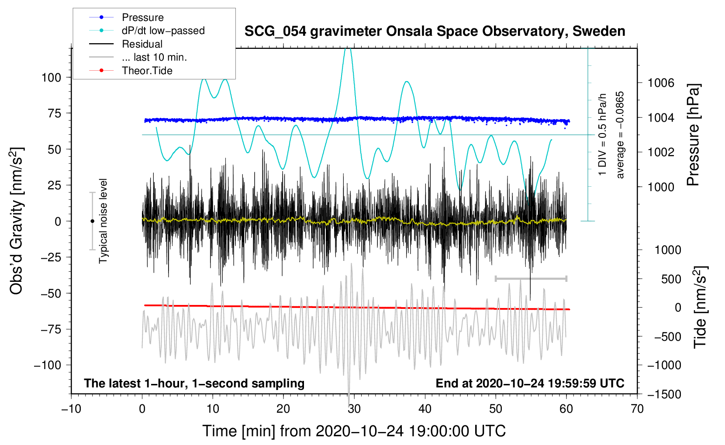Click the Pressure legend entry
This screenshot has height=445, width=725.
click(x=142, y=17)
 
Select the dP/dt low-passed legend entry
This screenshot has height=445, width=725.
click(x=163, y=31)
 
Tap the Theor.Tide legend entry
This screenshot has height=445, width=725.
click(x=147, y=71)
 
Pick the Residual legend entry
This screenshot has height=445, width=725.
click(x=142, y=44)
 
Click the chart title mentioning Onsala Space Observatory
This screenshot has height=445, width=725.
click(x=435, y=31)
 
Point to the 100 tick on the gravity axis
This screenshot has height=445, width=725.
click(x=51, y=78)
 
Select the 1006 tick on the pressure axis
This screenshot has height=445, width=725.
click(x=661, y=83)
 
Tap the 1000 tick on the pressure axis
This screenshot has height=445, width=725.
click(x=661, y=187)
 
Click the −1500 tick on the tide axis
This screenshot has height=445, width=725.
click(x=664, y=394)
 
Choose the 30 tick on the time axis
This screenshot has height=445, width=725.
click(x=354, y=409)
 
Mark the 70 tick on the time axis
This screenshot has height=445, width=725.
click(x=637, y=409)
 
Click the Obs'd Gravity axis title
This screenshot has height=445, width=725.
click(x=16, y=221)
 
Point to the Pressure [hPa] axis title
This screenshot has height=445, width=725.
click(x=693, y=135)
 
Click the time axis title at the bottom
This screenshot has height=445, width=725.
click(x=354, y=431)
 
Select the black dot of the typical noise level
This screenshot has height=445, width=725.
click(x=92, y=221)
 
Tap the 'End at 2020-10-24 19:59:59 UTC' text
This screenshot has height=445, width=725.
click(x=530, y=383)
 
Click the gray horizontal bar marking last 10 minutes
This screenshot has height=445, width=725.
click(x=531, y=278)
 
